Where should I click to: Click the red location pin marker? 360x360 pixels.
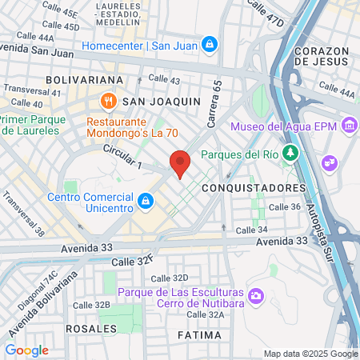point(180,163)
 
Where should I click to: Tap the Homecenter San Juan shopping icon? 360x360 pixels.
point(209,43)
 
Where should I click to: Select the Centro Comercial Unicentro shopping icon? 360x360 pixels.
point(146,200)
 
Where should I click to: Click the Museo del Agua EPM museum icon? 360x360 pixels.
point(349,126)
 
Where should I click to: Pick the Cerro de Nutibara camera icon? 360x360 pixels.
point(256,296)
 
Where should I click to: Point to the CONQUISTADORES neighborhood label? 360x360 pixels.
point(254,187)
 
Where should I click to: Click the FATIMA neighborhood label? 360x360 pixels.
point(199,334)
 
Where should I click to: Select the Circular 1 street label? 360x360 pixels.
point(122,158)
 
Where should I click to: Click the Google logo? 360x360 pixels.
point(26,350)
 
